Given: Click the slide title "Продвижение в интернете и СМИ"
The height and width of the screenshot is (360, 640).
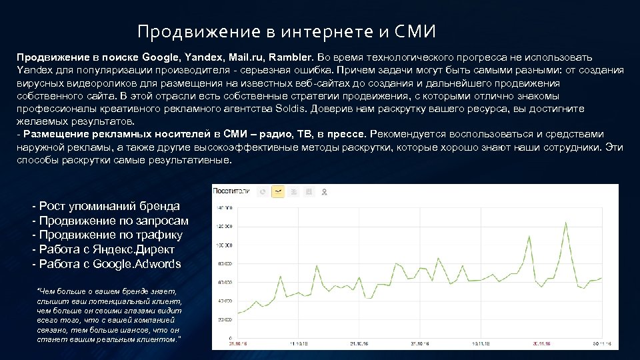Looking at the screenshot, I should (x=286, y=31).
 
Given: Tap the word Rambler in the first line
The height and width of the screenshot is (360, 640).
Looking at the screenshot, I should (x=290, y=58).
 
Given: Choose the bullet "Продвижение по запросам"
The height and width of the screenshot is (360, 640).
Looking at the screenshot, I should (x=111, y=221).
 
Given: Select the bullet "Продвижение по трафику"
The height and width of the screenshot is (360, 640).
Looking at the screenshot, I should (x=107, y=235).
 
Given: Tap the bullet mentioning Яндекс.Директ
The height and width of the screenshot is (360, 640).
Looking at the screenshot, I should (x=103, y=249).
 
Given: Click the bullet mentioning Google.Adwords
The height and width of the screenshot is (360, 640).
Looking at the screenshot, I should (x=107, y=264).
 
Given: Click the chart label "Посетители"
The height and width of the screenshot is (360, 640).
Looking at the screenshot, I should (x=231, y=191).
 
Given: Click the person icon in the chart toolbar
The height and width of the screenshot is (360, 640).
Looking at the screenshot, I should (x=324, y=192).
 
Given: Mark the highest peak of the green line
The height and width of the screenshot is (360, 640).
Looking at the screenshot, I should (x=566, y=223).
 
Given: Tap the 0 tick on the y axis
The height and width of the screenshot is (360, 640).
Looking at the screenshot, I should (x=229, y=338).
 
